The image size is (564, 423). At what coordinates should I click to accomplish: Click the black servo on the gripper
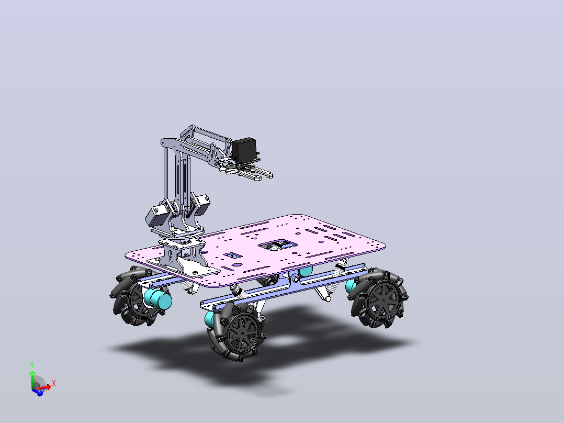[x=244, y=149]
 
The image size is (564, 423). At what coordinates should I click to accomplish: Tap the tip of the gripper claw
[x=271, y=176]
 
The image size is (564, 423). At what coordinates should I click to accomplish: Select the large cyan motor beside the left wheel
[x=157, y=299]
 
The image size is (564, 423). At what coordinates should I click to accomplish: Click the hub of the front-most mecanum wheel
[x=243, y=333]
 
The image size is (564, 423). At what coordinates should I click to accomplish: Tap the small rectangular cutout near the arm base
[x=233, y=255]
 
